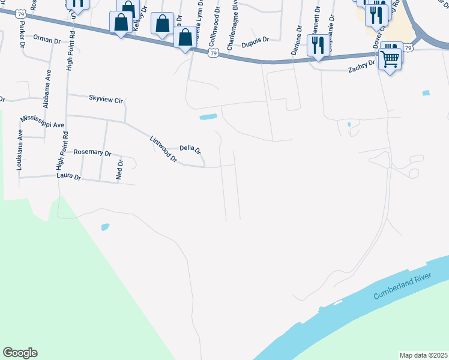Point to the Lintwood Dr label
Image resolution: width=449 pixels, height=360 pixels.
163,150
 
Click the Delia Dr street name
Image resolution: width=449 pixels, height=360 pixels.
190,148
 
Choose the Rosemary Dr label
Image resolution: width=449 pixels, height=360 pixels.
92,153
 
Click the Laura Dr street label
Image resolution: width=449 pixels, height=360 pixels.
68,176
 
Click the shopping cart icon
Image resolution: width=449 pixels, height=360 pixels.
390,59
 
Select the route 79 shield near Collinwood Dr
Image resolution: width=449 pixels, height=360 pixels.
214,54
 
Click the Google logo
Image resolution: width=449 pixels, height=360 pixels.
20,353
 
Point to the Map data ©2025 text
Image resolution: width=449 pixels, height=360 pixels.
423,355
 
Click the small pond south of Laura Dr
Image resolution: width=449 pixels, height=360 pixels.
106,227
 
